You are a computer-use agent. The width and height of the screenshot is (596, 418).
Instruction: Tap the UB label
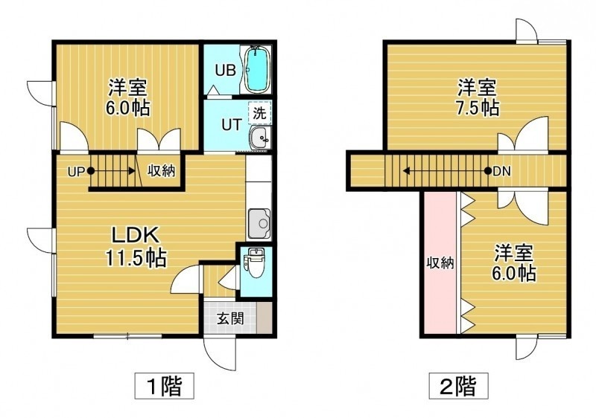[x=226, y=70]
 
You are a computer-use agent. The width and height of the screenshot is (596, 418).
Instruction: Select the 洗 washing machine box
[x=259, y=112]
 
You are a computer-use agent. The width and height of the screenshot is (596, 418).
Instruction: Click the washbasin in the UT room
[x=259, y=138]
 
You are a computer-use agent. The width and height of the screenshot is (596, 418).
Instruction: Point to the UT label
[x=232, y=124]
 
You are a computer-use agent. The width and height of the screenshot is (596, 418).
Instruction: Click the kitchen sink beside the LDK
[x=259, y=224]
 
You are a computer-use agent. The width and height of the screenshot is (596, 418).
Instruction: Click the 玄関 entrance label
[x=230, y=318]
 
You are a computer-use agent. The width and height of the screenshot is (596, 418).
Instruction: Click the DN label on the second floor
[x=501, y=172]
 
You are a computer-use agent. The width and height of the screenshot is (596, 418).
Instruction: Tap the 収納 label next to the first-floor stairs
[x=162, y=171]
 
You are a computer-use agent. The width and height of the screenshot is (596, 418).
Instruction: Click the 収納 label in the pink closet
[x=440, y=263]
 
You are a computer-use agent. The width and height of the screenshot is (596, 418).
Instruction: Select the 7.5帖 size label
[x=478, y=109]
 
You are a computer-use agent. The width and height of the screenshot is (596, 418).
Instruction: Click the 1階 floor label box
[x=165, y=386]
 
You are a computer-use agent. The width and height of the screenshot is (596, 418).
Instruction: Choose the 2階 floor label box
[x=458, y=386]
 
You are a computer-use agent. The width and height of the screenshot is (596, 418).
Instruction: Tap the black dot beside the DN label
[x=488, y=171]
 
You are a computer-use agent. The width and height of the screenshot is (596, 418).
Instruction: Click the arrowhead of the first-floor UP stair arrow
[x=132, y=171]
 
